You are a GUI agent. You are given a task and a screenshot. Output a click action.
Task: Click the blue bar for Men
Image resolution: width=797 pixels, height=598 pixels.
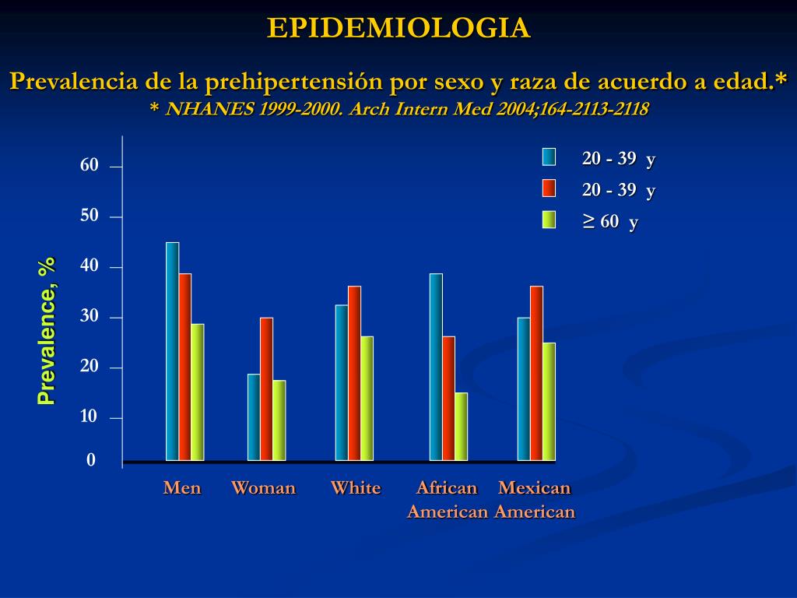(x=172, y=351)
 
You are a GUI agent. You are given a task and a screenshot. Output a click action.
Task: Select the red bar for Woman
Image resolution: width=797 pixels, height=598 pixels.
(x=266, y=389)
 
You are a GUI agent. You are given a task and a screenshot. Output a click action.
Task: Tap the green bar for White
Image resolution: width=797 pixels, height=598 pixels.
(x=367, y=398)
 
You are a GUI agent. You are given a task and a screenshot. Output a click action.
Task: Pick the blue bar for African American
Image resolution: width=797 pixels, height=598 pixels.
(x=436, y=367)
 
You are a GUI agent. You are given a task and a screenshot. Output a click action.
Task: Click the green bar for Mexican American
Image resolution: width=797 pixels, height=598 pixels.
(x=549, y=401)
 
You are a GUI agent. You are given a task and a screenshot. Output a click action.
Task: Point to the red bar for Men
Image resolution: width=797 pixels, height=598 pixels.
(x=184, y=367)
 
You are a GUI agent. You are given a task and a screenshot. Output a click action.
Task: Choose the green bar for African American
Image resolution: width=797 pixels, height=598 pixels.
(x=461, y=426)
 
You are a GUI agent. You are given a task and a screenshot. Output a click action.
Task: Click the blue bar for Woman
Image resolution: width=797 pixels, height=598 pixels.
(x=254, y=417)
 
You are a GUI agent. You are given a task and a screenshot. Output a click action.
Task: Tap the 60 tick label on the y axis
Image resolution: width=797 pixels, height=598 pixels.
(x=90, y=165)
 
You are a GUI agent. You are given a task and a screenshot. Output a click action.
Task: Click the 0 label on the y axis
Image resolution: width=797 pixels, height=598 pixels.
(x=91, y=460)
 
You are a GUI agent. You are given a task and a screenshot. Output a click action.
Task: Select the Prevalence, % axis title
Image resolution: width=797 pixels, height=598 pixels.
(x=47, y=331)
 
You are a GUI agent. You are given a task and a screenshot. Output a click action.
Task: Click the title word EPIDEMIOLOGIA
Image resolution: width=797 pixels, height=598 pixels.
(x=398, y=28)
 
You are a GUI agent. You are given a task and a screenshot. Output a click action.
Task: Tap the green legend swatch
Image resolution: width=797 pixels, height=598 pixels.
(x=549, y=220)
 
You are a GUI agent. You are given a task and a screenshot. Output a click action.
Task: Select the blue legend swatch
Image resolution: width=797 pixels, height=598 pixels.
(x=549, y=157)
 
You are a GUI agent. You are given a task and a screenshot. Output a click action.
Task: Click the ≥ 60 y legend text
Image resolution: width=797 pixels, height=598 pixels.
(x=610, y=222)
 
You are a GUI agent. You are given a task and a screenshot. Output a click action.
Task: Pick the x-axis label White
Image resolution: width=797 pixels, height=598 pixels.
(x=356, y=488)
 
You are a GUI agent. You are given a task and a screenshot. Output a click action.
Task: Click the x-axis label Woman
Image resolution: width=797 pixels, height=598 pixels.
(x=263, y=488)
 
